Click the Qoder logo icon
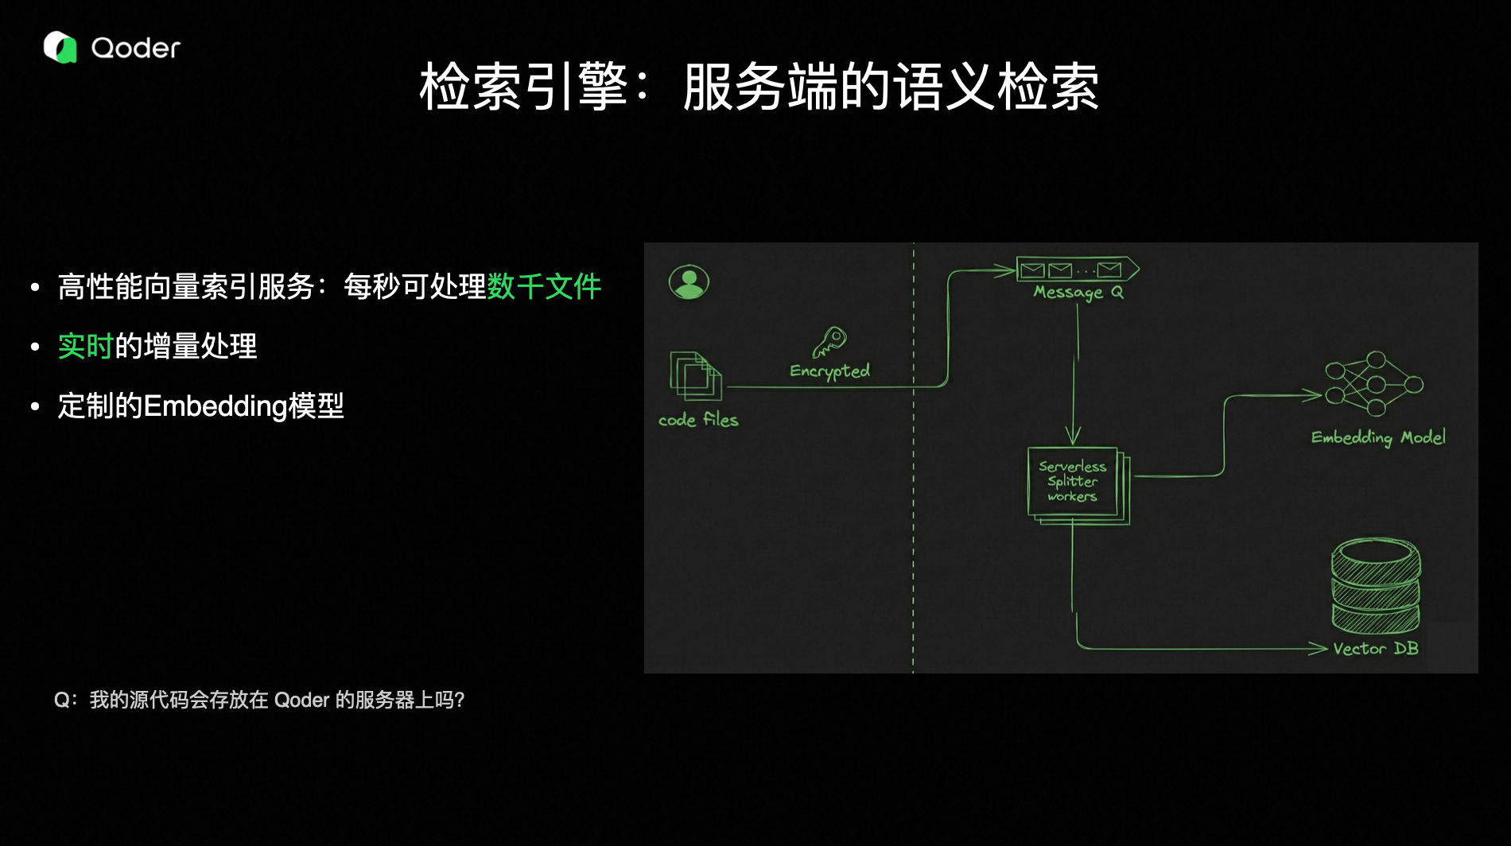(x=60, y=48)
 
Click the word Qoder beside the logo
(x=136, y=49)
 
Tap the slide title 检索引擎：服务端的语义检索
(x=759, y=87)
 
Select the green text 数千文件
(x=544, y=286)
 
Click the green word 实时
(x=86, y=347)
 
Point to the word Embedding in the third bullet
(x=215, y=406)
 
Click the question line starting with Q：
(x=259, y=700)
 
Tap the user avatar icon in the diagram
(x=689, y=282)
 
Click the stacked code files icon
(x=696, y=376)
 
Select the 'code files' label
(x=698, y=420)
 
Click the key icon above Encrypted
(x=829, y=343)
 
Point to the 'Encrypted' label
(x=829, y=371)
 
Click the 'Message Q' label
(x=1078, y=293)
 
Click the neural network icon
(x=1373, y=384)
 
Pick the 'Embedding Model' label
(x=1378, y=437)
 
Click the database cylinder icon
(x=1376, y=586)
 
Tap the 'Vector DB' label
(x=1376, y=649)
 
